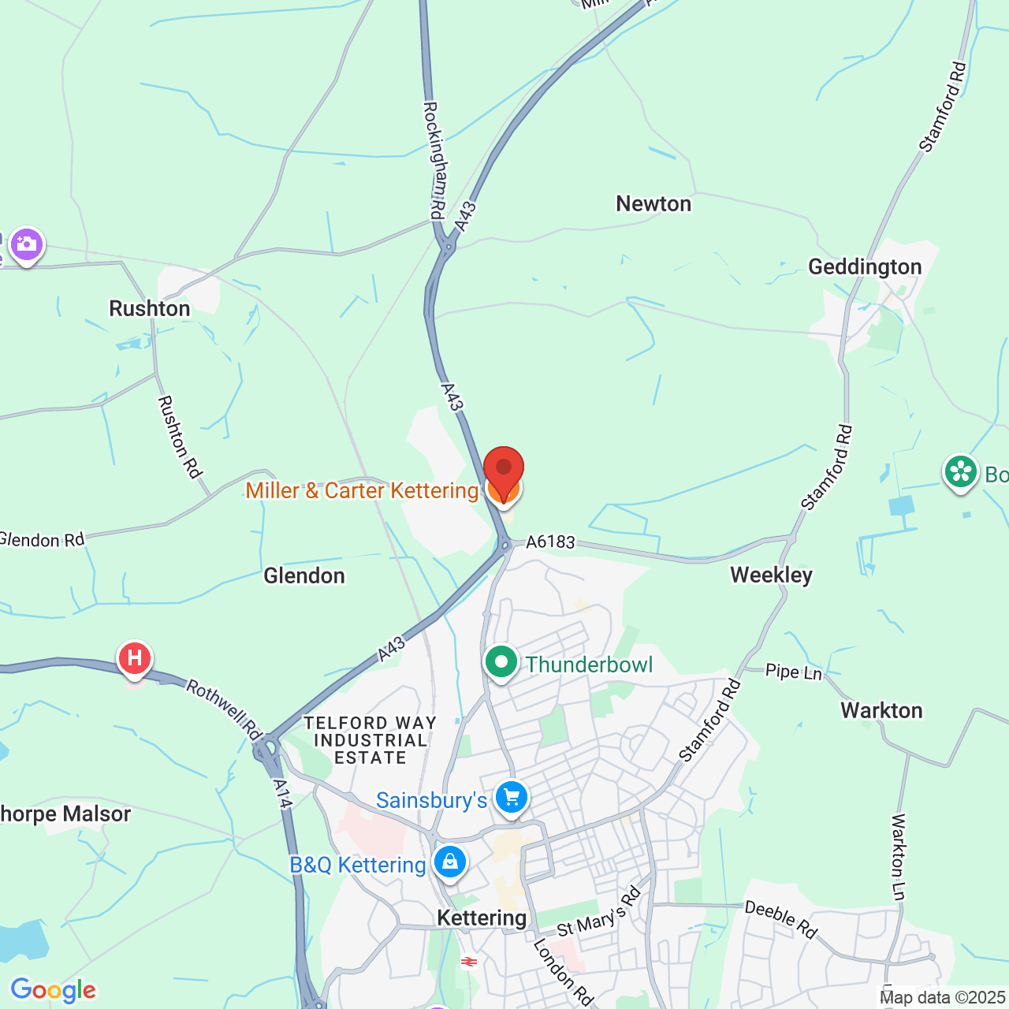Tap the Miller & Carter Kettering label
coord(362,490)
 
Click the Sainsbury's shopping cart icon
coord(512,799)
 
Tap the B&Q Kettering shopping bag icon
coord(450,862)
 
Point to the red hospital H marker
coord(134,658)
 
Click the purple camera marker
coord(27,244)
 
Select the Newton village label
coord(653,204)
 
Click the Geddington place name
coord(865,267)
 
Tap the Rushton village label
coord(150,308)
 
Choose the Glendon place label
coord(304,576)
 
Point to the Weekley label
coord(771,575)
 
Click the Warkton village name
coord(881,710)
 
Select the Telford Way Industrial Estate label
coord(370,740)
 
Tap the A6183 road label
coord(551,542)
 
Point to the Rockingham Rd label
coord(434,160)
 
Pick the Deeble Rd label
coord(781,920)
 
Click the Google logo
coord(54,990)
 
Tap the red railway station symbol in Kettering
coord(469,962)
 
